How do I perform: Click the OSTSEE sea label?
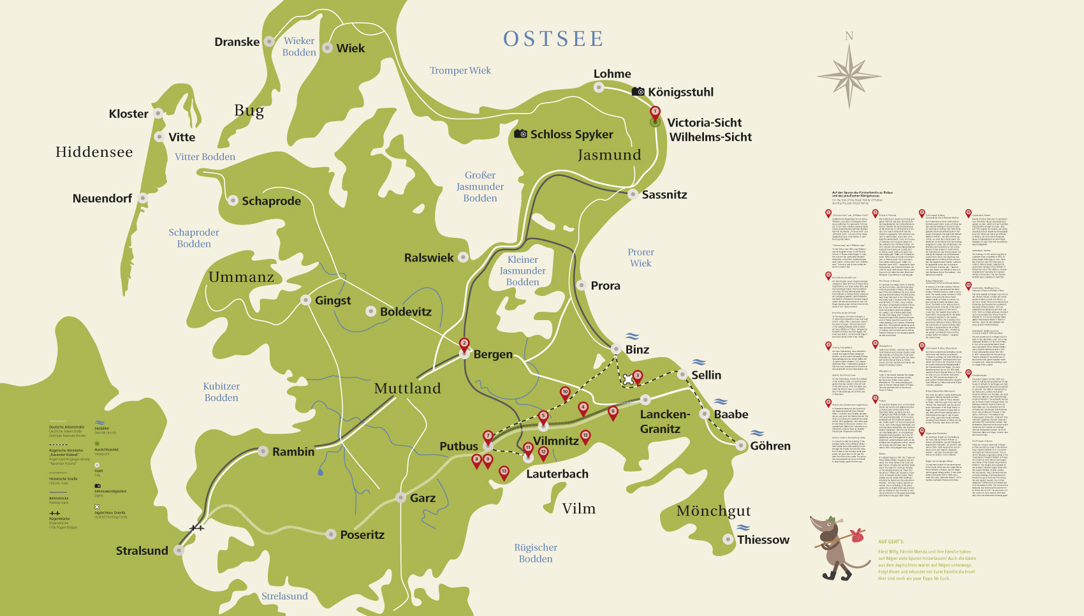553,39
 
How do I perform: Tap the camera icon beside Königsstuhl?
638,92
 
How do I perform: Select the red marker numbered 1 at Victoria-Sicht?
655,112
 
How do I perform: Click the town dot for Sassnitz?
633,194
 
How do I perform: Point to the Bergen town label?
493,354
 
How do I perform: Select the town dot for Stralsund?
179,550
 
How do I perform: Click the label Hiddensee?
94,152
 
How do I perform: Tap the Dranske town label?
237,42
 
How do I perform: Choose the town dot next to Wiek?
327,48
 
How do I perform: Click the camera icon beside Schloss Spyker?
520,134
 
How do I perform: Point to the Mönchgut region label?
713,511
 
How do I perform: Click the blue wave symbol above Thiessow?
743,527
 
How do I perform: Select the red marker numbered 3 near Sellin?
637,376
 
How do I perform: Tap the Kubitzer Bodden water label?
221,392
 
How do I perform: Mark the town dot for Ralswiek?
464,257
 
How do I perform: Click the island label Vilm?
578,508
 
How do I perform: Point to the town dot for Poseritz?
331,534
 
